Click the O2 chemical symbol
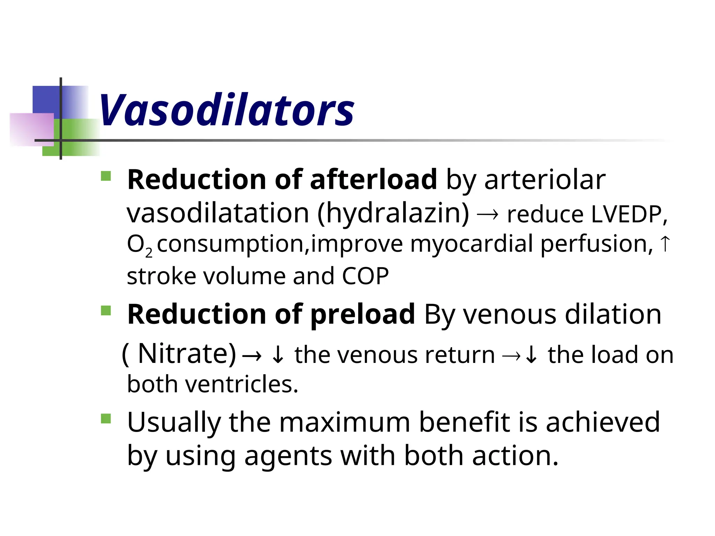[x=139, y=245]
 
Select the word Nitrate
[x=187, y=354]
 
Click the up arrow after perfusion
[x=665, y=244]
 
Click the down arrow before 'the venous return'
[x=278, y=355]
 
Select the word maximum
[x=344, y=422]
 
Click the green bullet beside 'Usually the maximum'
[x=106, y=418]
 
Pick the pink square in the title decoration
[x=31, y=129]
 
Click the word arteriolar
[x=545, y=180]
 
